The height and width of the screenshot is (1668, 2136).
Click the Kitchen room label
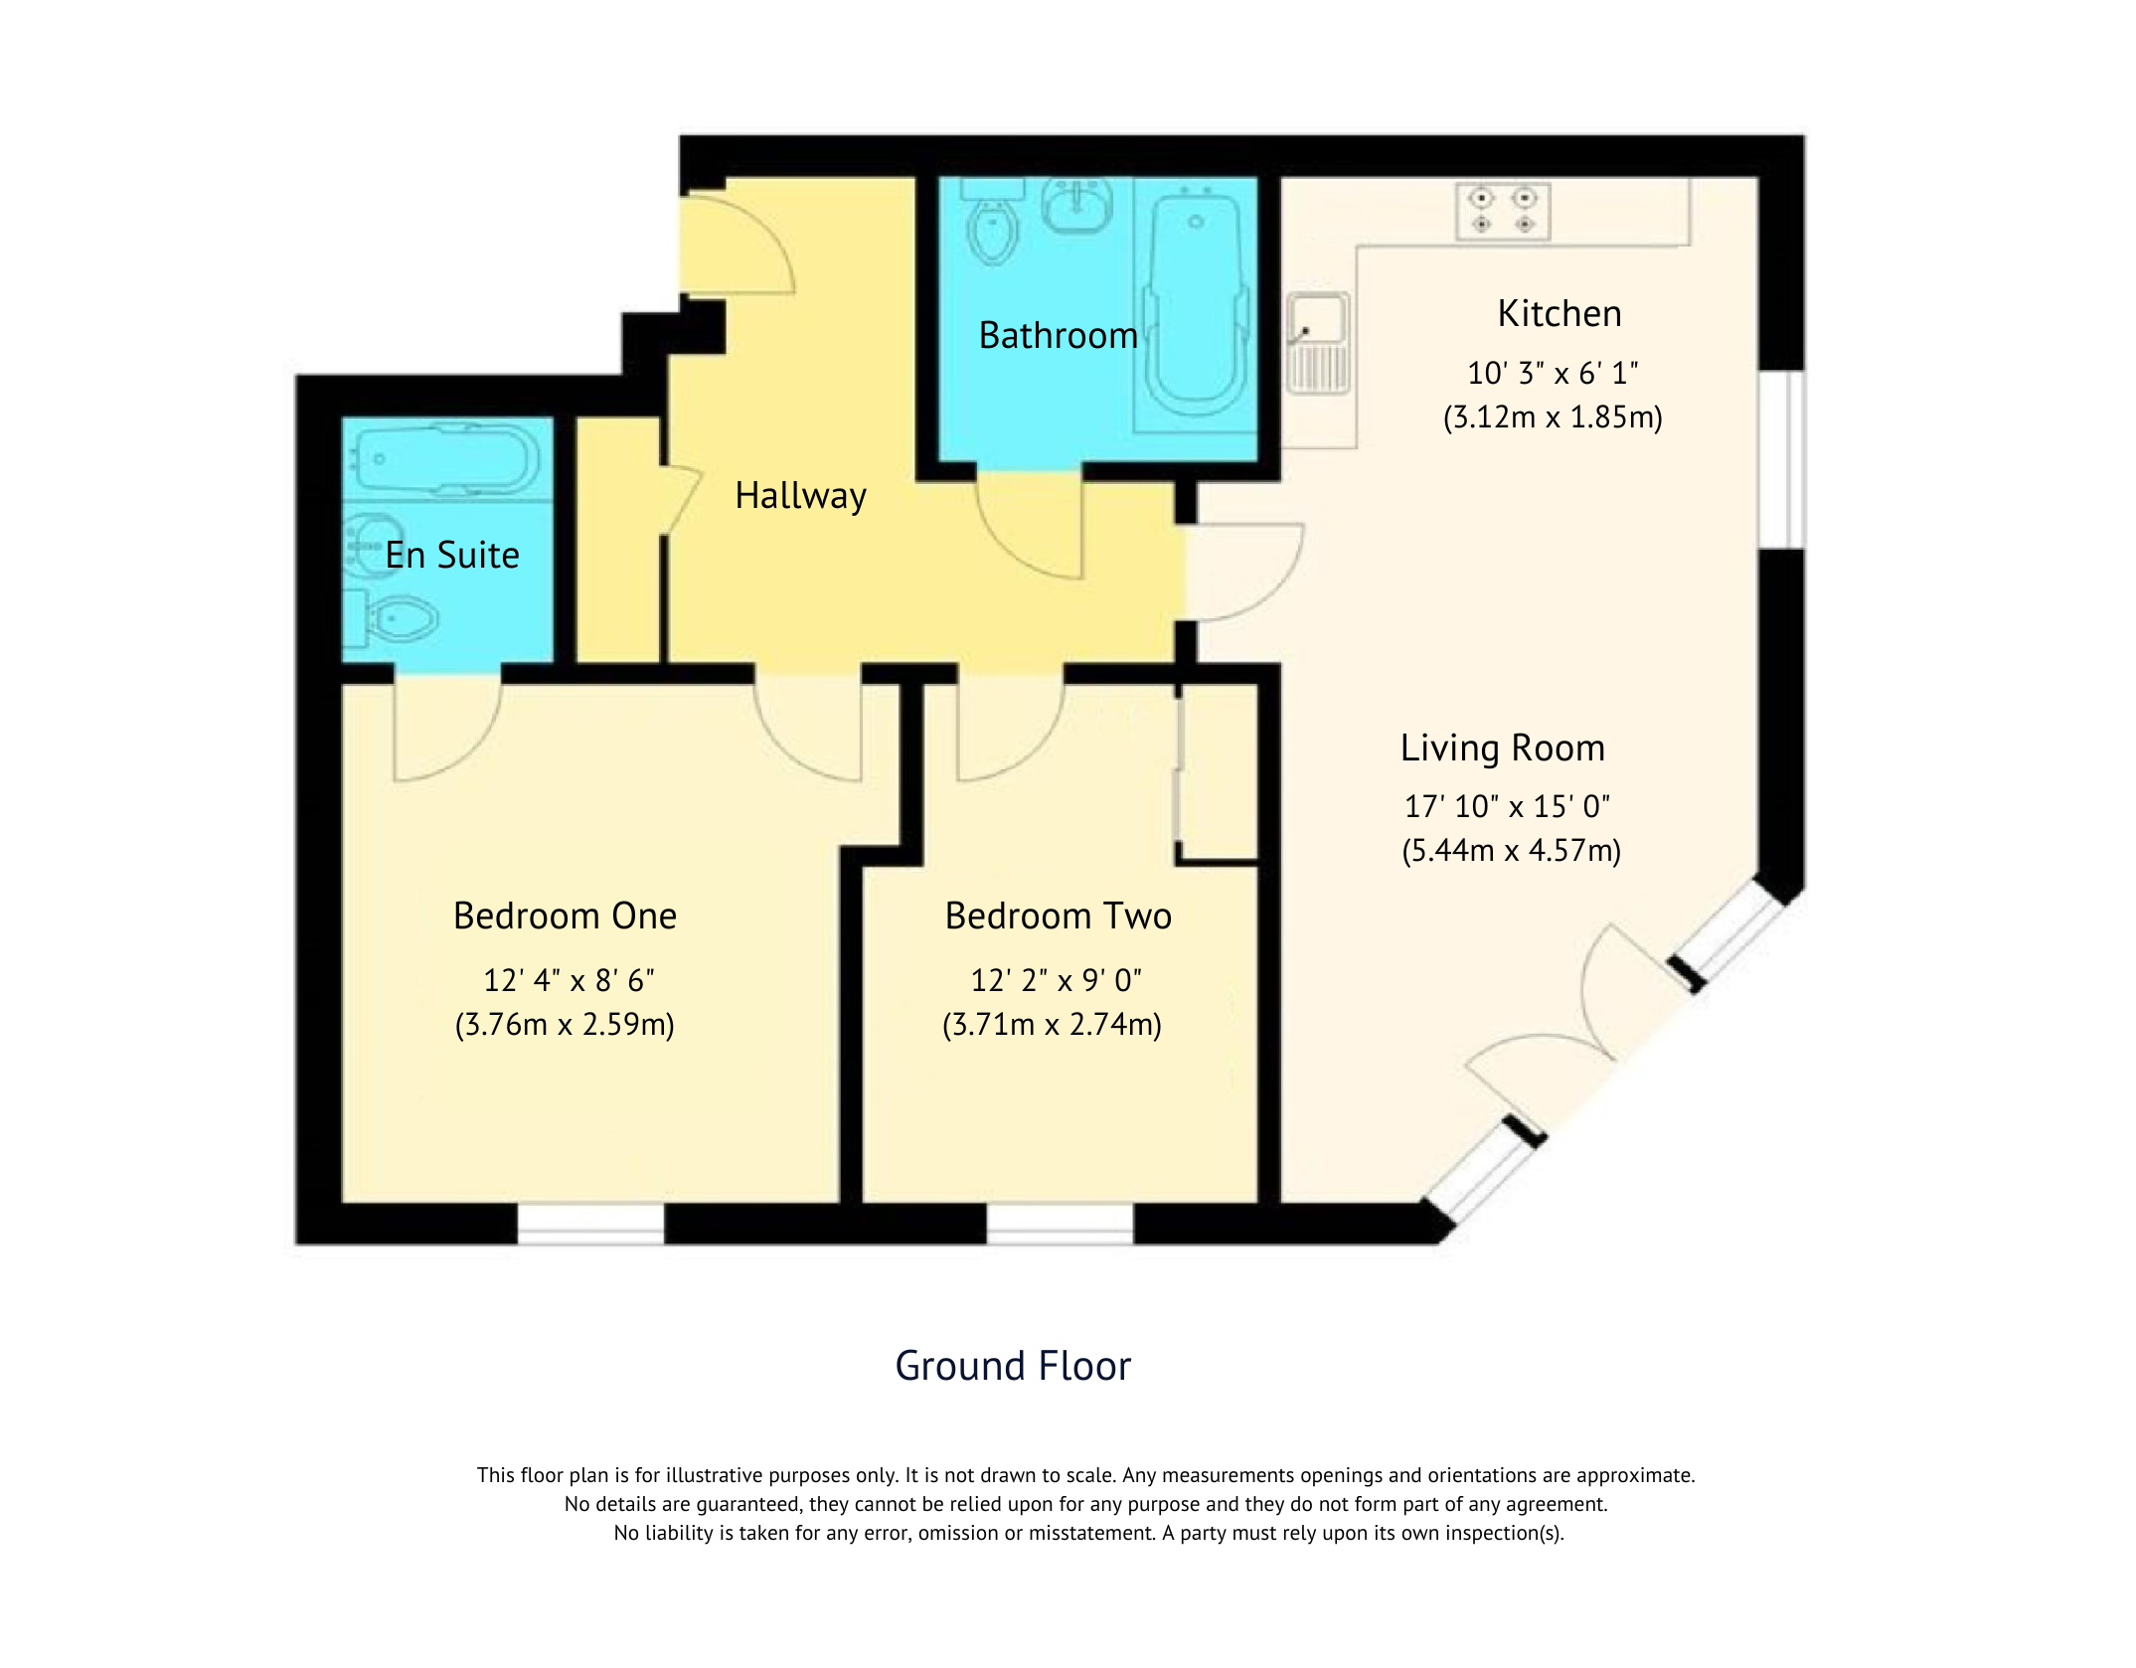1559,314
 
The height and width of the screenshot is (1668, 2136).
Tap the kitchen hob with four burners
1502,211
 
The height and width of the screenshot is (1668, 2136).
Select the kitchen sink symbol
1318,341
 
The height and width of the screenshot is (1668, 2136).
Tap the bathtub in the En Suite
447,459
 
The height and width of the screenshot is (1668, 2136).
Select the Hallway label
800,495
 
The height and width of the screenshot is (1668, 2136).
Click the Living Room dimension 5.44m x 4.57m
1511,851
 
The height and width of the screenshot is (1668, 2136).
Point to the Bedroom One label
565,916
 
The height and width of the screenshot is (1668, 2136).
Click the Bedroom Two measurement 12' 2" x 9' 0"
1056,981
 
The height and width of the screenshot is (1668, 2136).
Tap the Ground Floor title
1013,1366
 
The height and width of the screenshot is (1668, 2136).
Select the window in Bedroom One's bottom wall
590,1224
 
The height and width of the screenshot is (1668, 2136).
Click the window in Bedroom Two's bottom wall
1060,1224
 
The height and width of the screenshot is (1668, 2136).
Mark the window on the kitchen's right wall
1781,459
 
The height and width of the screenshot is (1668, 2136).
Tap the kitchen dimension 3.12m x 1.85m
1553,417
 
